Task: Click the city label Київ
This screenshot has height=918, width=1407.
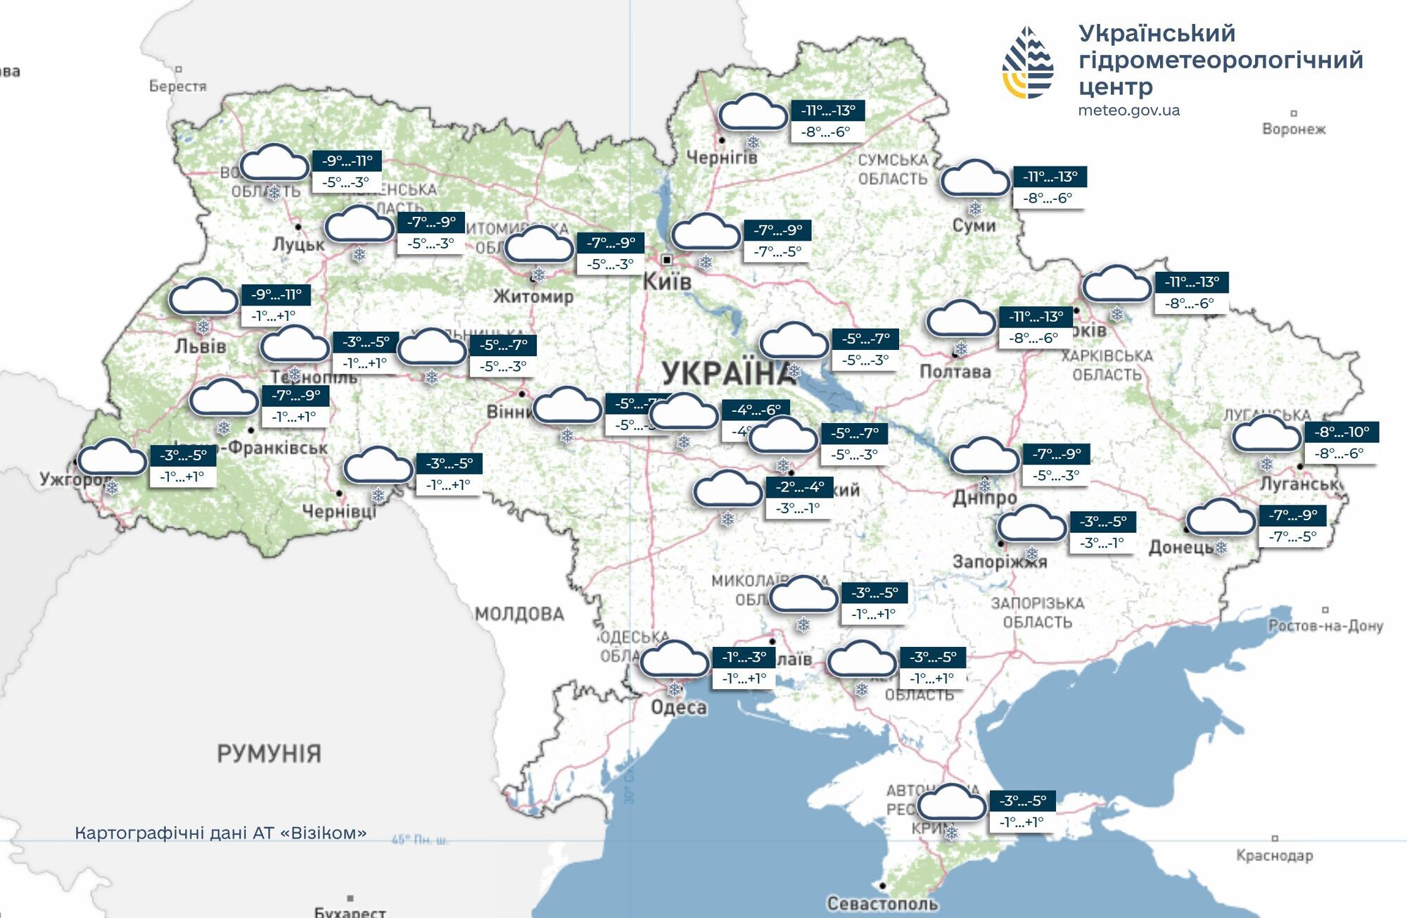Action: [667, 282]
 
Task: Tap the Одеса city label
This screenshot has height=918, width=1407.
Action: [678, 707]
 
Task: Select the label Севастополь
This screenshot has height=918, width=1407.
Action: [882, 903]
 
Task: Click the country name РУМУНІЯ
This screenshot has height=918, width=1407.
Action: [269, 754]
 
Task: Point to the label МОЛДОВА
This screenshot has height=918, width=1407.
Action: [519, 614]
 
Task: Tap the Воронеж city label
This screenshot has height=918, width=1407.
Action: [1293, 129]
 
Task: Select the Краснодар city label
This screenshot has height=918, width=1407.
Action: [1274, 855]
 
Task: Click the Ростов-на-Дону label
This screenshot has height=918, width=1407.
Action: [1325, 625]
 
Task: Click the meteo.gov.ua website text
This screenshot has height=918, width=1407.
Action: [1128, 111]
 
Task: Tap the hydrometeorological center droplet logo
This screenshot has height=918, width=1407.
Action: [1028, 62]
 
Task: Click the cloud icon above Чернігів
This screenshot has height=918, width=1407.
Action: [752, 113]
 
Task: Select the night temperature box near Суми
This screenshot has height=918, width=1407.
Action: [1050, 177]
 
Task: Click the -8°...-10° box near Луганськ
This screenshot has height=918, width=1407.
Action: [1342, 432]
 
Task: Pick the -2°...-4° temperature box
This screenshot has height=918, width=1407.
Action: [800, 486]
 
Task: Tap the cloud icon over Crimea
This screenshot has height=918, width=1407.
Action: [950, 803]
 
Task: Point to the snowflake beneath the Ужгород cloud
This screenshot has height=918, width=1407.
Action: [111, 486]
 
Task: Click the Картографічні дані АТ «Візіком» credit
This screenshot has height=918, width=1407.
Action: [220, 833]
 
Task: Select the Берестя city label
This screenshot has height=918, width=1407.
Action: [177, 86]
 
